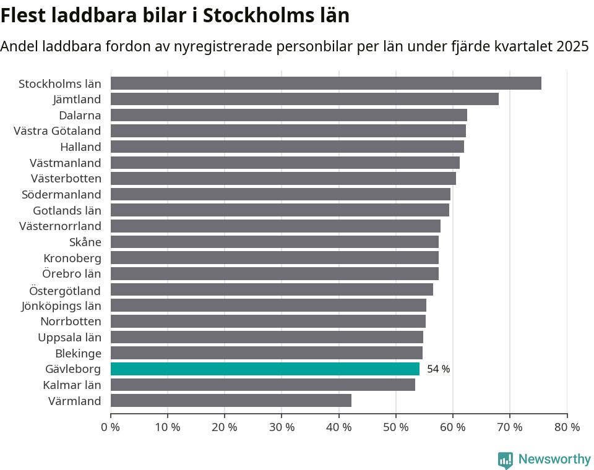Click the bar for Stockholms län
click(326, 83)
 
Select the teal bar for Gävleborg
click(265, 369)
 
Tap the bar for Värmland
click(231, 401)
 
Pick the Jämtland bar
click(304, 99)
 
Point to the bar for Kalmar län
click(263, 385)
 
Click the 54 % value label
click(438, 369)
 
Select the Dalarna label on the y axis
click(80, 115)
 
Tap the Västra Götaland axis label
click(57, 131)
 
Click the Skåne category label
click(85, 242)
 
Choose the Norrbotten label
click(71, 322)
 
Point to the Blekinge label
click(78, 353)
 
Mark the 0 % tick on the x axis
click(111, 427)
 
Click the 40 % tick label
click(338, 427)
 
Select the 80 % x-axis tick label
click(567, 427)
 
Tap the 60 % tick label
click(452, 427)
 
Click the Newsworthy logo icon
click(506, 460)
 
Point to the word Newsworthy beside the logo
click(554, 459)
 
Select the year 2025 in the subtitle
click(572, 46)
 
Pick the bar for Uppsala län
click(267, 337)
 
